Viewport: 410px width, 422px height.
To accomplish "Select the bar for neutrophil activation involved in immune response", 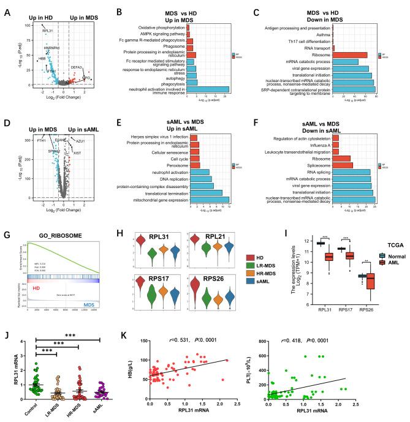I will coord(208,89).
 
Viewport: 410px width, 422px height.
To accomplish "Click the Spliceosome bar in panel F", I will coord(344,166).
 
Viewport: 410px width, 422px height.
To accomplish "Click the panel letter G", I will coord(7,219).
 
